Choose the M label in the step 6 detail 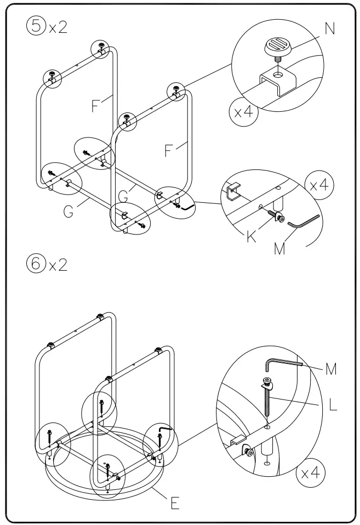coord(331,369)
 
